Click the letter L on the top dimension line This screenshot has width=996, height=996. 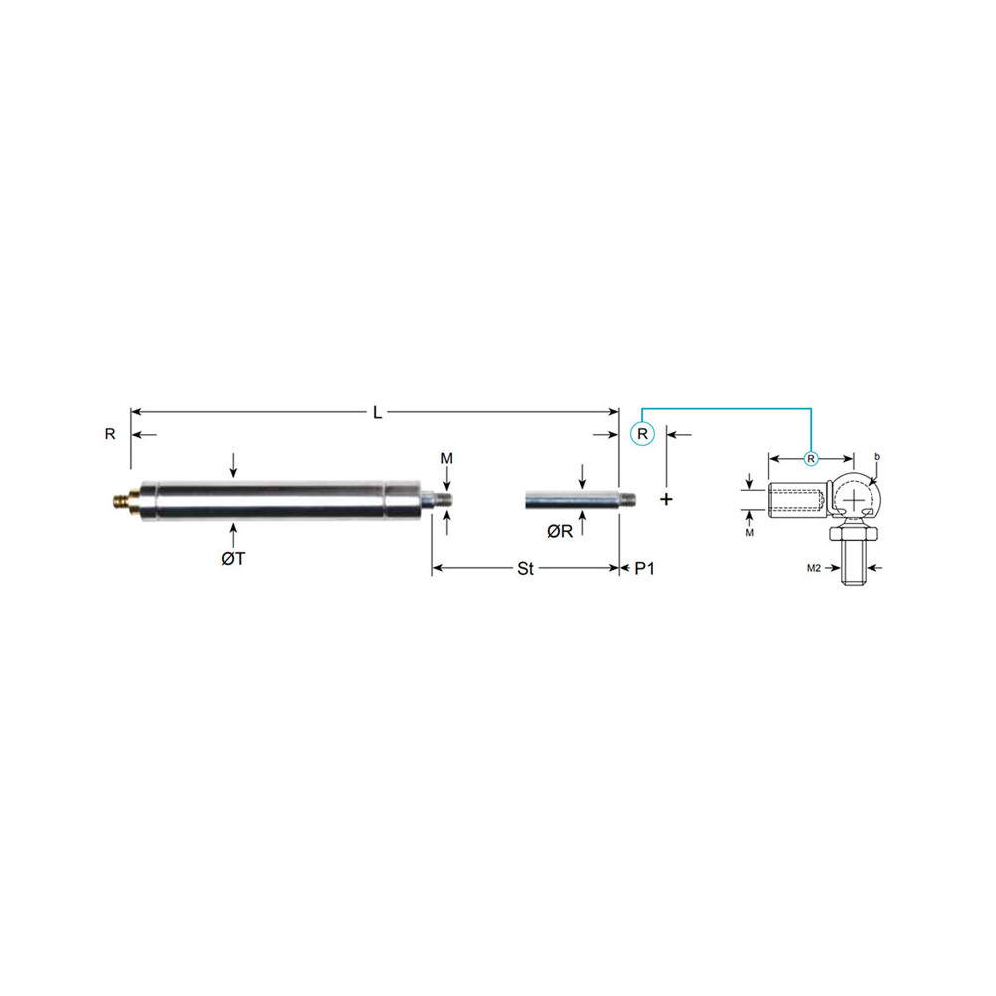coord(377,412)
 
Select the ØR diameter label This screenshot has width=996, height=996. coord(559,531)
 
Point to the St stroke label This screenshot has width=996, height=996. coord(525,569)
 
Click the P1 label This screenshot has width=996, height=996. coord(645,569)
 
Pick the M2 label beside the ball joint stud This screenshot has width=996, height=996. coord(815,567)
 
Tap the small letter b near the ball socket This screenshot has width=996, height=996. coord(877,456)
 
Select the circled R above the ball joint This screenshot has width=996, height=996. coord(811,459)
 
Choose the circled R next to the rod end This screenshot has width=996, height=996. coord(642,434)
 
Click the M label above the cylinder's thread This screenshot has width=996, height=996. coord(447,457)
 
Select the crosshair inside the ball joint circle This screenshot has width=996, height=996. coord(854,494)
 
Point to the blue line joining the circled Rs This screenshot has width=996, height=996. coord(727,408)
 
